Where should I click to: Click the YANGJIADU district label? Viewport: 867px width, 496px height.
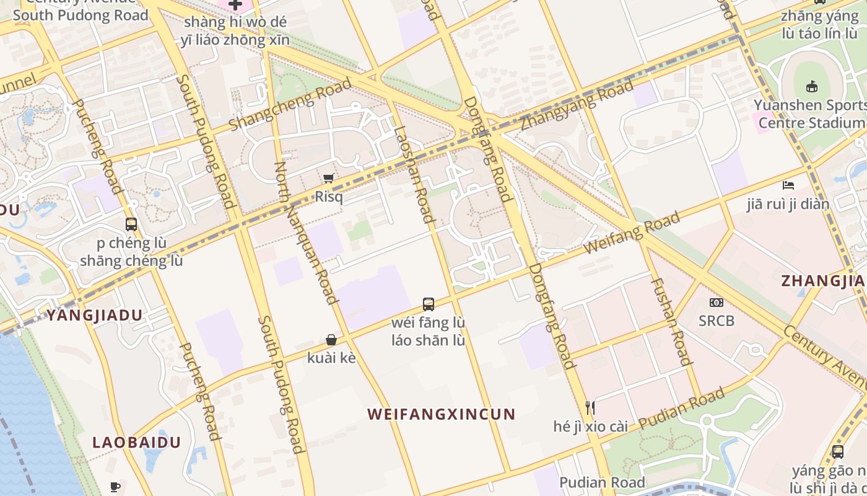[x=95, y=315]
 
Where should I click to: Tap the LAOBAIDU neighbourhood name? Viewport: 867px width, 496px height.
[x=136, y=442]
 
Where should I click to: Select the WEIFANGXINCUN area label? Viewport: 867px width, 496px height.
[x=441, y=414]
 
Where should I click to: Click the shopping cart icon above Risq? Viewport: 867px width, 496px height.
[x=328, y=179]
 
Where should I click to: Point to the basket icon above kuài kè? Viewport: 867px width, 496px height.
[x=331, y=340]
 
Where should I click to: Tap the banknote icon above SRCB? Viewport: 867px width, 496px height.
[x=716, y=303]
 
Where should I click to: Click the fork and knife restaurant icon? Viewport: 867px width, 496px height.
[x=590, y=407]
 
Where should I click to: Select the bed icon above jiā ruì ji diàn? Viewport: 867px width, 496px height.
[x=788, y=185]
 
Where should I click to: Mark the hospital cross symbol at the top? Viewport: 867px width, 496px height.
[x=235, y=5]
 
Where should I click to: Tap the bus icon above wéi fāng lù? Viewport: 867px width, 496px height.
[x=428, y=304]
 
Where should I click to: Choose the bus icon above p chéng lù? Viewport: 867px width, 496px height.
[x=131, y=224]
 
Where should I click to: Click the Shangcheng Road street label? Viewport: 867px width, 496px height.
[x=290, y=105]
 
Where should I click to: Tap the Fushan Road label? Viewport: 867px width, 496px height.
[x=671, y=321]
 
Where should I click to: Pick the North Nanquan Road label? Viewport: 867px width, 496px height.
[x=306, y=233]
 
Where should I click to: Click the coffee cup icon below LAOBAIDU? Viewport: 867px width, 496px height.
[x=115, y=487]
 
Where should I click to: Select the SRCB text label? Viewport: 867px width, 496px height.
[x=716, y=321]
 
